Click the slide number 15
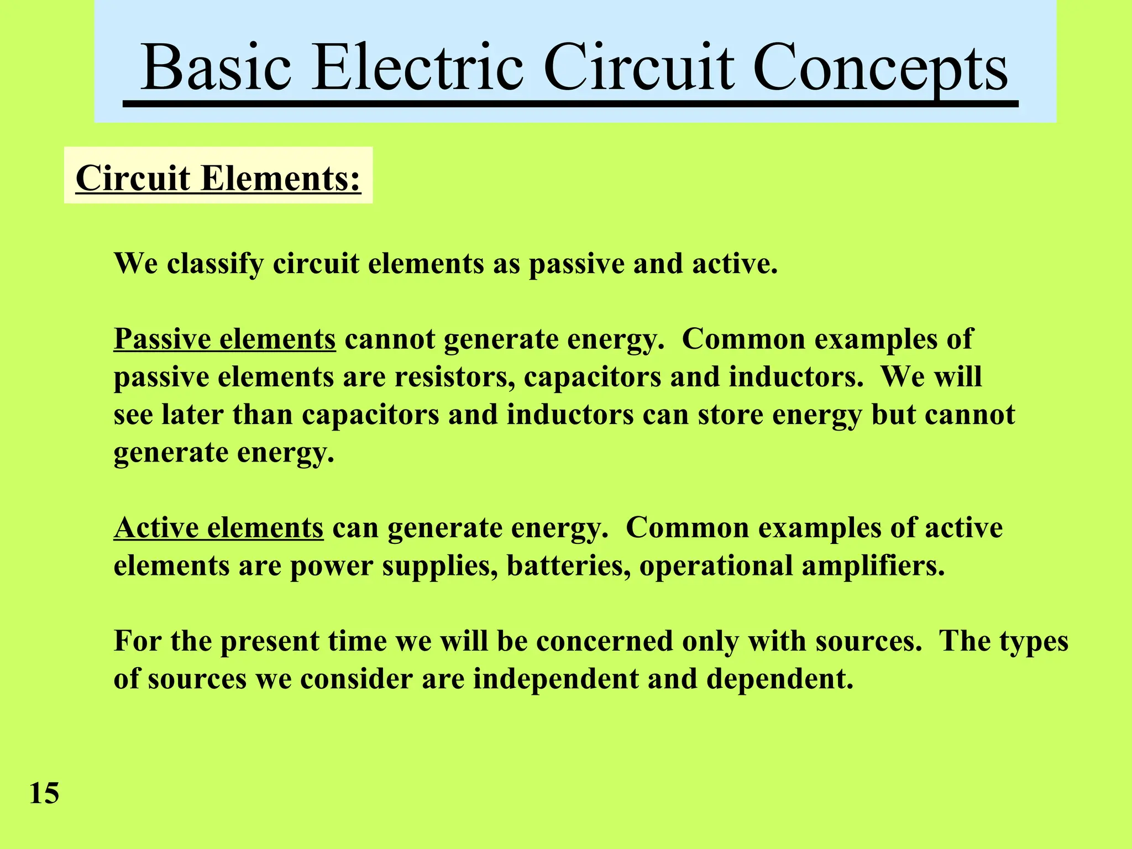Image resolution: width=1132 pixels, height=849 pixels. (x=44, y=793)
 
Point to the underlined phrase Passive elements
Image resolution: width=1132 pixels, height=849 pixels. (x=224, y=338)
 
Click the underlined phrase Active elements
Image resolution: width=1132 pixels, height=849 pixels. (x=218, y=527)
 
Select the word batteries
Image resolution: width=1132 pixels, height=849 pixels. (x=568, y=565)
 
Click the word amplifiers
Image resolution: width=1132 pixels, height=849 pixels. (x=873, y=565)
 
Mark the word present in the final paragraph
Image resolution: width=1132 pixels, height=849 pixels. (x=270, y=642)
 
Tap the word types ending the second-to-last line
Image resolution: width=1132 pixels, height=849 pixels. (x=1031, y=642)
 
